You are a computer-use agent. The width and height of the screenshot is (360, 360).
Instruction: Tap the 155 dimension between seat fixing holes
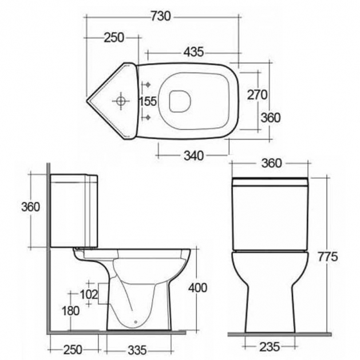(148, 101)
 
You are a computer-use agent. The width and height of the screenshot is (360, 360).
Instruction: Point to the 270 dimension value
(257, 94)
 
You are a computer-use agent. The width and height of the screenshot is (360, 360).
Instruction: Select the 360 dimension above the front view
(271, 163)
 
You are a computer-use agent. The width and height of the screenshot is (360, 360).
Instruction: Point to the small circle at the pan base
(136, 322)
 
